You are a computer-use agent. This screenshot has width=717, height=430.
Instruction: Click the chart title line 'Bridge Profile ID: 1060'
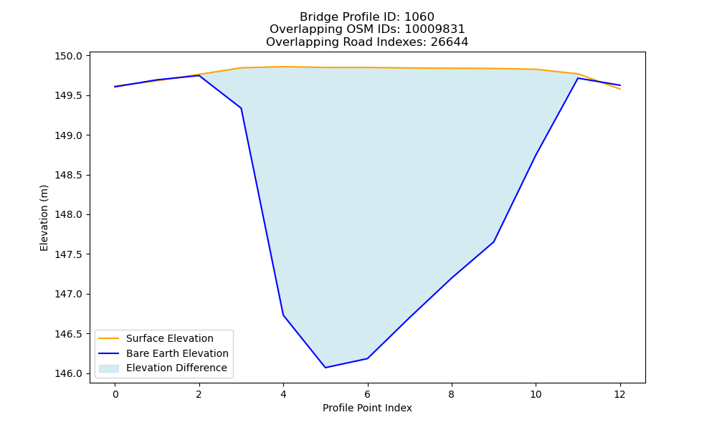[x=366, y=17]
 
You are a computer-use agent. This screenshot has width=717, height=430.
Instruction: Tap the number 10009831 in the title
[x=435, y=29]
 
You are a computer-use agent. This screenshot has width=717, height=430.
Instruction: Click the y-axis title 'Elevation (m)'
[x=44, y=218]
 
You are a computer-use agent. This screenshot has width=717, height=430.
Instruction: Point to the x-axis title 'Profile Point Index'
[x=367, y=408]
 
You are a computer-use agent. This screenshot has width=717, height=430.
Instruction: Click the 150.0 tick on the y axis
[x=69, y=56]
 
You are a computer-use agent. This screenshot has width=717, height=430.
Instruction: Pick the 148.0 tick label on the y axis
[x=69, y=215]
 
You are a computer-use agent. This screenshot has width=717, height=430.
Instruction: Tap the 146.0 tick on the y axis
[x=69, y=374]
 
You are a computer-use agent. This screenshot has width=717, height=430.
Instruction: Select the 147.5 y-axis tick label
[x=69, y=254]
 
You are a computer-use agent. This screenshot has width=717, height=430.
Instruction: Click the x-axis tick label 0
[x=115, y=394]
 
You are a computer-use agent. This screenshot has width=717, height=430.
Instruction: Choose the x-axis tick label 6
[x=367, y=394]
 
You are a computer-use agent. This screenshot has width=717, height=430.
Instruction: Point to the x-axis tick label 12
[x=619, y=394]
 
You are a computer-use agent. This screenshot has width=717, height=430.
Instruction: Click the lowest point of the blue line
[x=325, y=368]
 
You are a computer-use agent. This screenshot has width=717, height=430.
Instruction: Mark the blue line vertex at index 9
[x=493, y=242]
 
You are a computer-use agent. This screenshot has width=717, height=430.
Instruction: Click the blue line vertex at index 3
[x=241, y=108]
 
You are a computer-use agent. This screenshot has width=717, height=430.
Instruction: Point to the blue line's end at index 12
[x=620, y=85]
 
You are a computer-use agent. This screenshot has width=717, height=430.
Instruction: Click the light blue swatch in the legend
[x=109, y=368]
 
